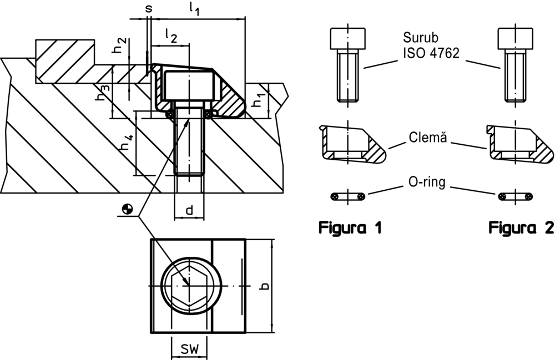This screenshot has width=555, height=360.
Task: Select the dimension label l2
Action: click(x=171, y=36)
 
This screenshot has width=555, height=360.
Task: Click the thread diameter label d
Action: click(x=189, y=210)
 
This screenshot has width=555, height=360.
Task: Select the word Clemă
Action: click(x=427, y=135)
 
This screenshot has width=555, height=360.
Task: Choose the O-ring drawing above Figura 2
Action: click(x=516, y=196)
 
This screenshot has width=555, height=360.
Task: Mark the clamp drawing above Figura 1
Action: click(x=348, y=144)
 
